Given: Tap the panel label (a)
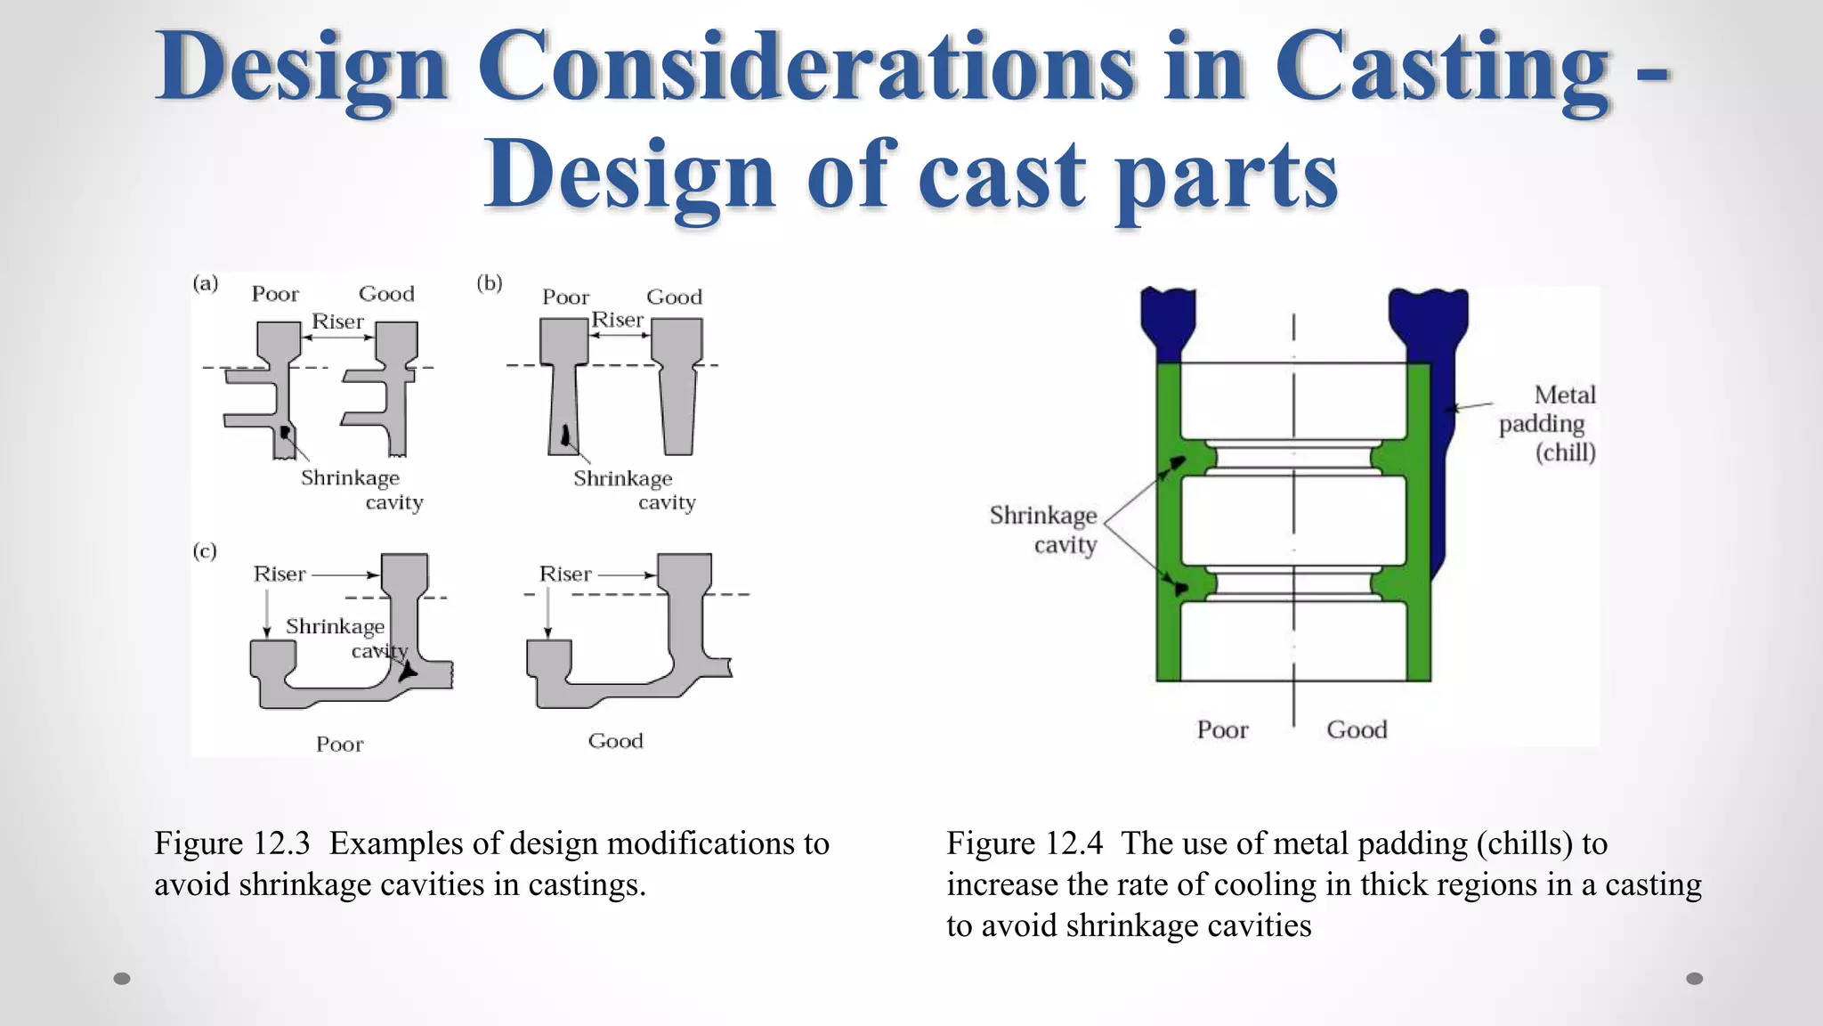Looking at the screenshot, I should tap(205, 283).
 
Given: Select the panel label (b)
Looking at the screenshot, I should tap(489, 283).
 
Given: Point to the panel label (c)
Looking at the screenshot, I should tap(205, 550).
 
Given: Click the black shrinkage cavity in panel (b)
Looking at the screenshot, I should tap(565, 436).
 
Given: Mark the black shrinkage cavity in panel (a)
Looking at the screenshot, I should tap(285, 433).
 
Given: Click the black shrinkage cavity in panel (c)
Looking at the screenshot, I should tap(407, 671).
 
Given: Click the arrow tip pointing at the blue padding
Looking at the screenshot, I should tap(1447, 410).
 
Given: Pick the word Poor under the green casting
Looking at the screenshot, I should tap(1222, 730).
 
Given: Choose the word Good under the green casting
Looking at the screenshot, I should tap(1357, 730).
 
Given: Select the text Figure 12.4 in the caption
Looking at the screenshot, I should tap(1024, 843).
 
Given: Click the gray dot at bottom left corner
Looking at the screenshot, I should tap(122, 979).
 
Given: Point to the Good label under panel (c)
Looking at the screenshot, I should tap(615, 741).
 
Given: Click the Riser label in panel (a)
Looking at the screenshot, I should tap(337, 322).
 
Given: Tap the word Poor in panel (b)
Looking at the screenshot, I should tap(565, 297).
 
